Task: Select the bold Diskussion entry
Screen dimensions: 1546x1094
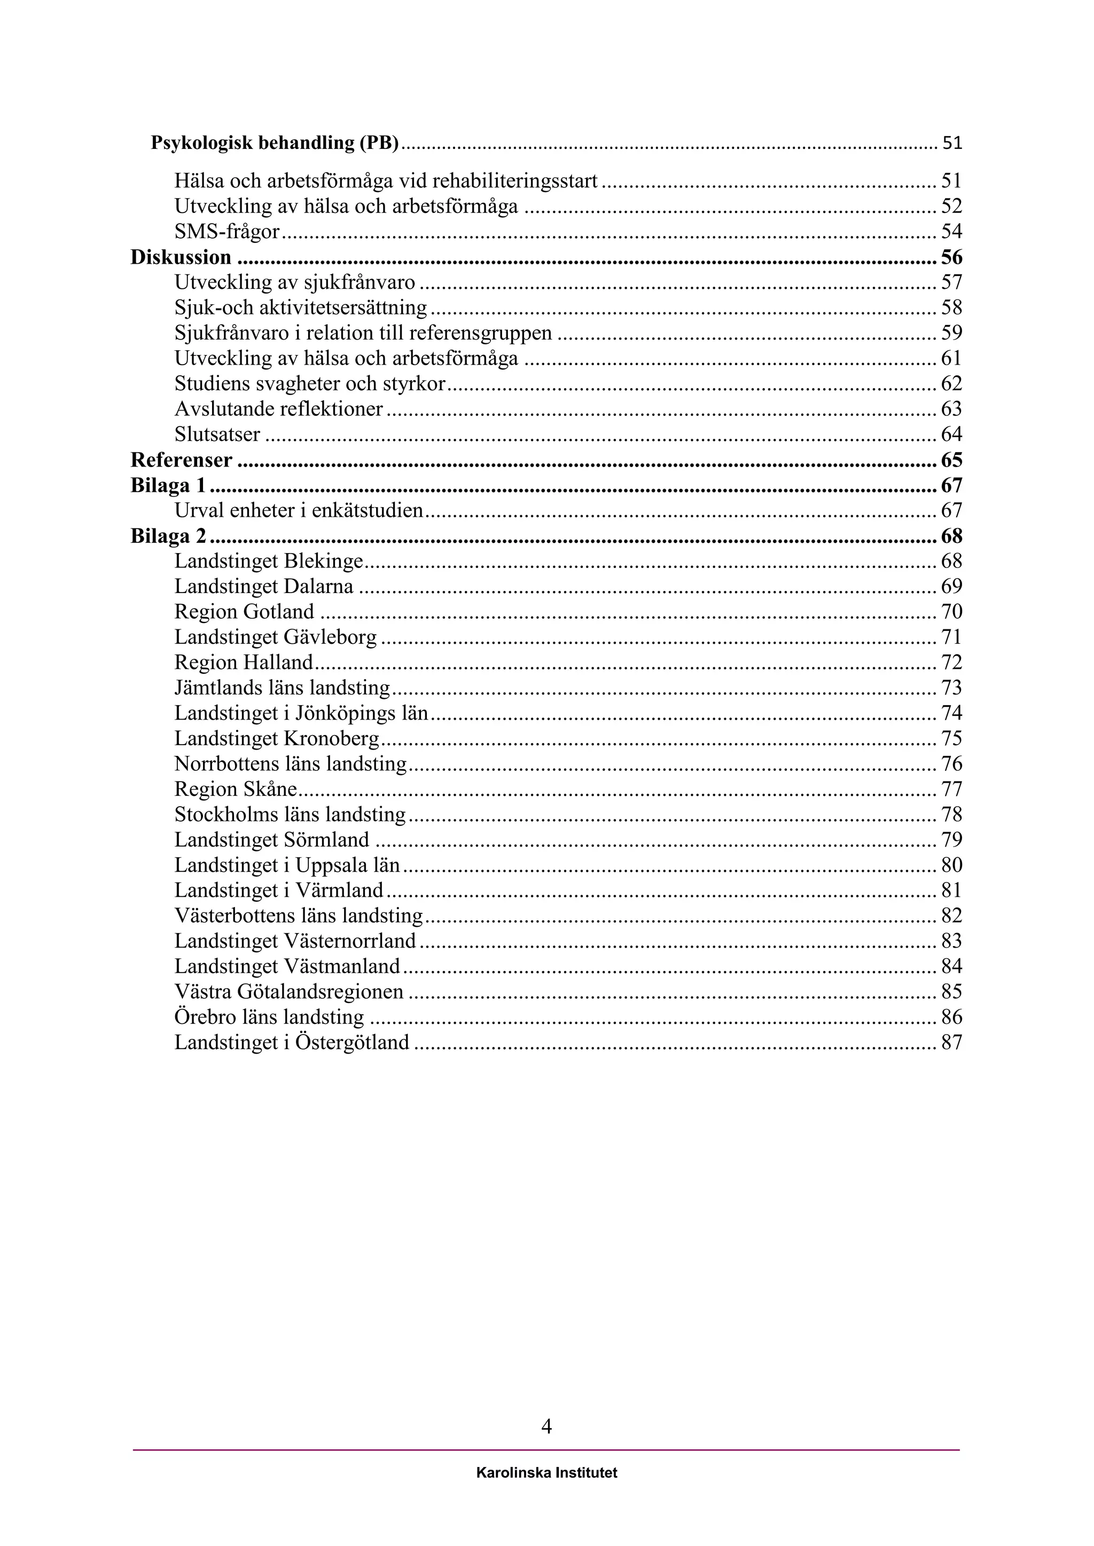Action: pyautogui.click(x=181, y=257)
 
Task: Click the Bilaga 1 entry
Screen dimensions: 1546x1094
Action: pyautogui.click(x=168, y=485)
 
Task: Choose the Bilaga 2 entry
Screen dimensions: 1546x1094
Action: pyautogui.click(x=168, y=536)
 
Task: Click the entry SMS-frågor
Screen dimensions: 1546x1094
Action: pyautogui.click(x=227, y=232)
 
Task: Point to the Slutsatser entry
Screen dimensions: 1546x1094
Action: pyautogui.click(x=217, y=435)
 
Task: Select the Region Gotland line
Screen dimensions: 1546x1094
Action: pyautogui.click(x=244, y=611)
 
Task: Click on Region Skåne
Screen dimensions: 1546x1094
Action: pyautogui.click(x=236, y=788)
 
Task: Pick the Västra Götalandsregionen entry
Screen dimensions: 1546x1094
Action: pyautogui.click(x=289, y=991)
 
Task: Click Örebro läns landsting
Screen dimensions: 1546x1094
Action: pyautogui.click(x=269, y=1017)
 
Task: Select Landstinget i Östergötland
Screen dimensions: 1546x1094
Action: pyautogui.click(x=292, y=1043)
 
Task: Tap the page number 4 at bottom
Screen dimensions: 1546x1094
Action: pyautogui.click(x=546, y=1426)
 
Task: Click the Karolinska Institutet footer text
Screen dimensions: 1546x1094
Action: pyautogui.click(x=546, y=1473)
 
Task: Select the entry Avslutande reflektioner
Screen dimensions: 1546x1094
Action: pyautogui.click(x=278, y=409)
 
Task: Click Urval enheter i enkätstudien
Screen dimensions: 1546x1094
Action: pyautogui.click(x=299, y=510)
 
